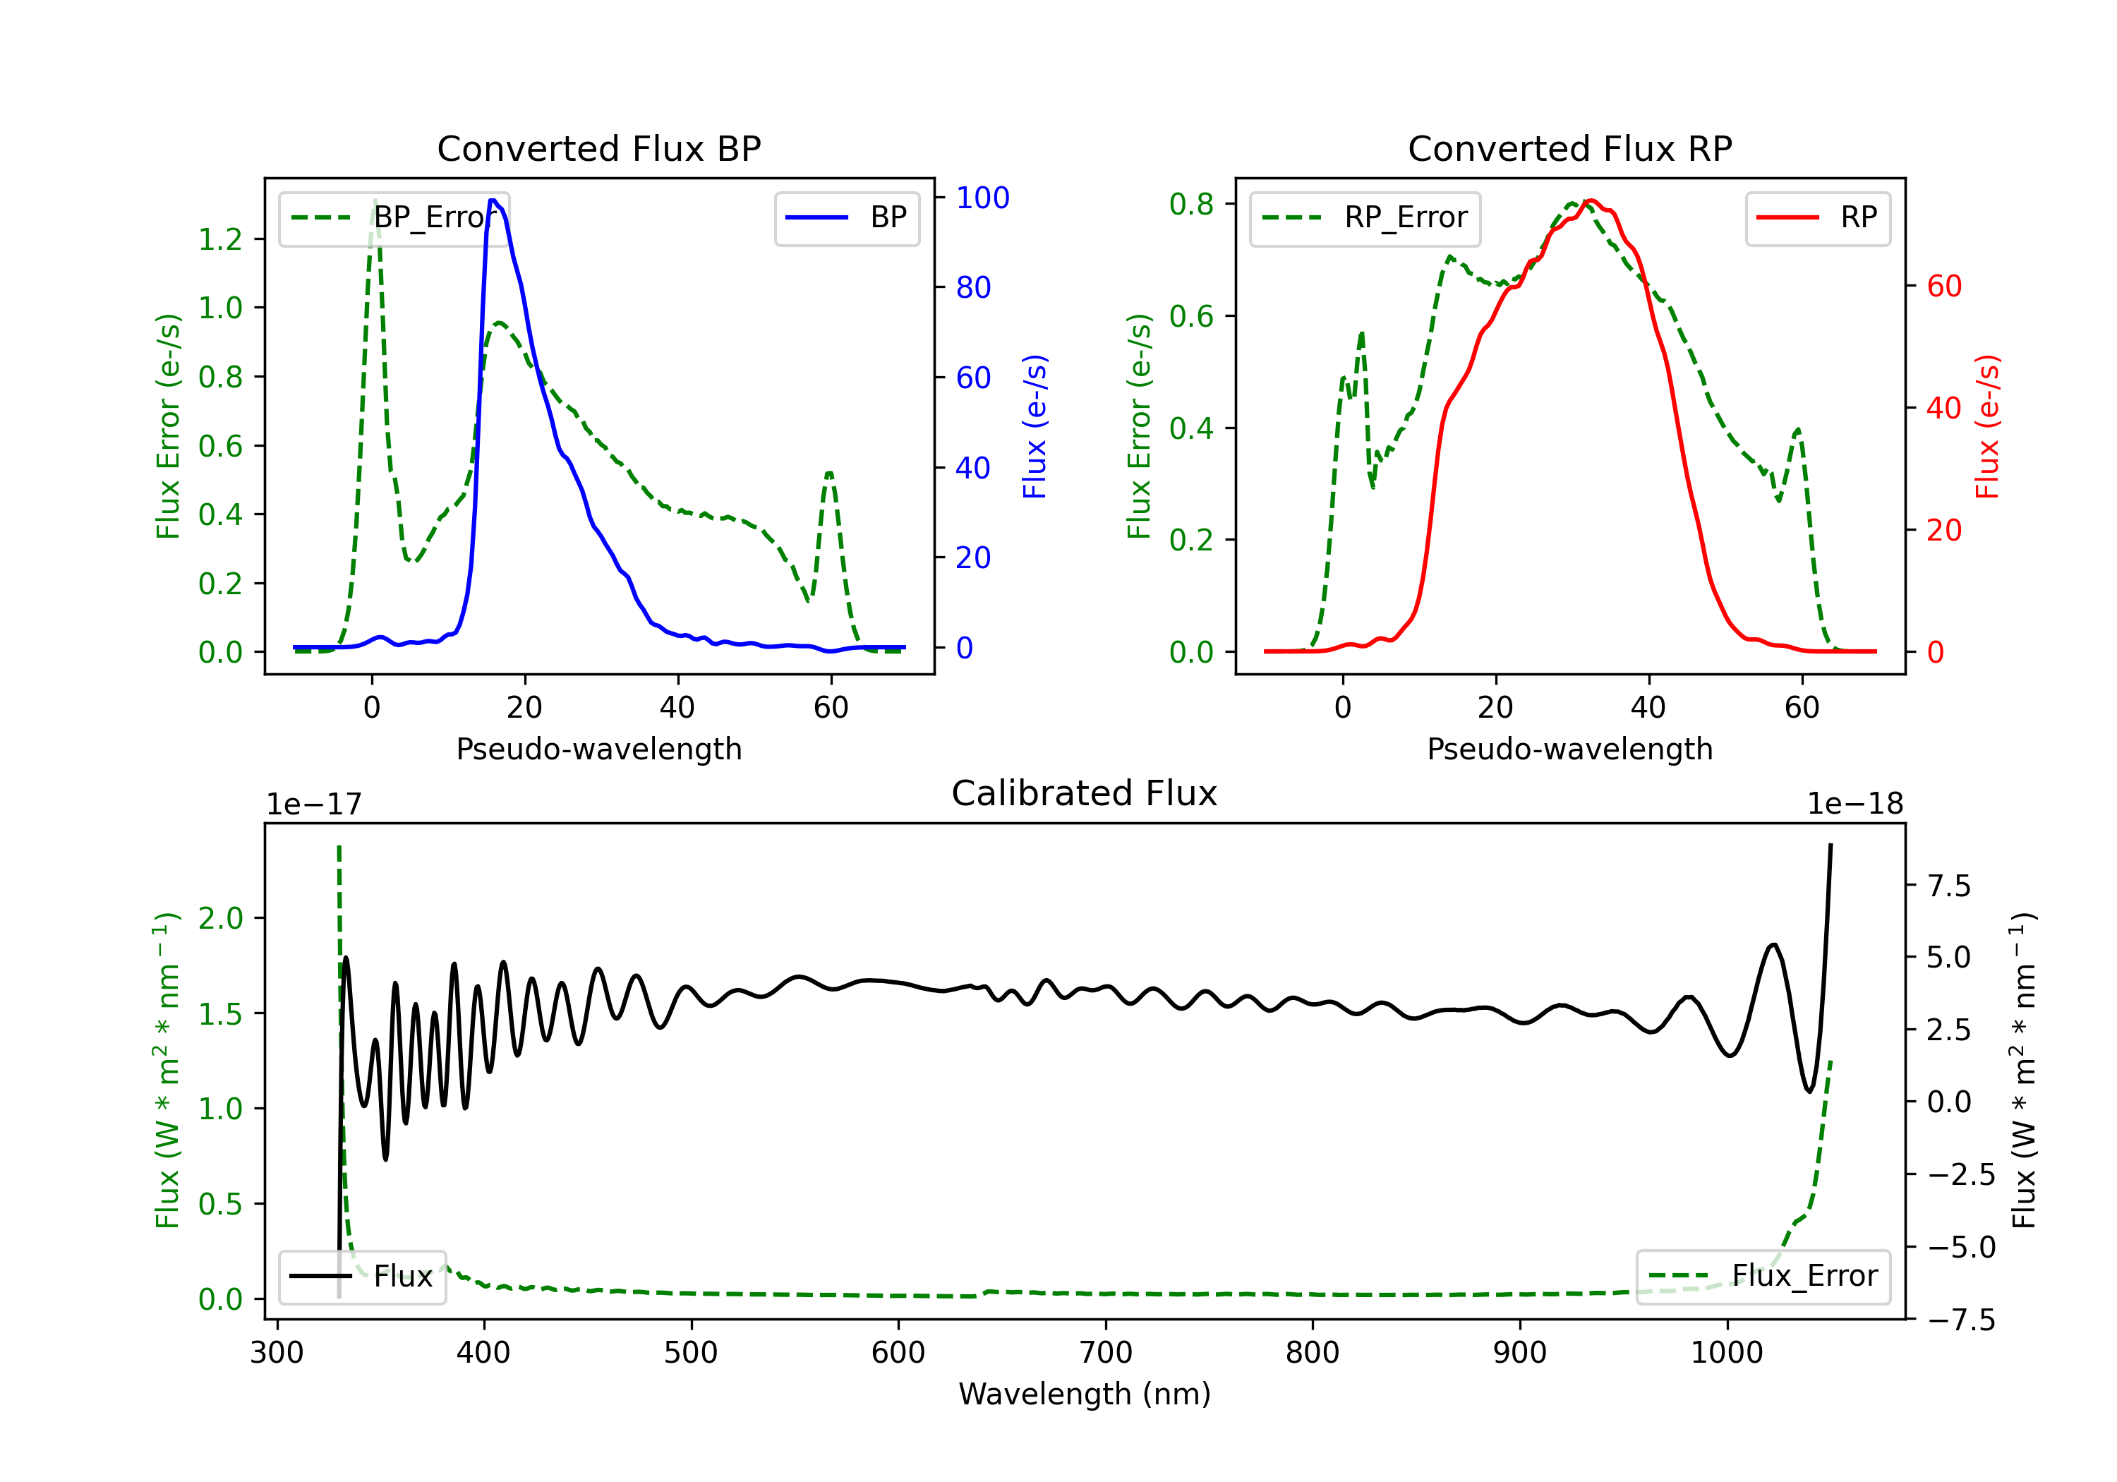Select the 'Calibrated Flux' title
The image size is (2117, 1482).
click(x=1085, y=793)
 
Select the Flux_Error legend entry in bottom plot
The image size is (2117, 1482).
click(x=1763, y=1277)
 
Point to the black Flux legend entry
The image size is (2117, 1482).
click(x=363, y=1277)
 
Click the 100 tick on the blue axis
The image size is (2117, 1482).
click(x=983, y=198)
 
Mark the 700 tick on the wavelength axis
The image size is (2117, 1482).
click(x=1106, y=1353)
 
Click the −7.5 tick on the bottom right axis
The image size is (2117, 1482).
click(x=1960, y=1320)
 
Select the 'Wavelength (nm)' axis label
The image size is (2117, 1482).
click(x=1085, y=1394)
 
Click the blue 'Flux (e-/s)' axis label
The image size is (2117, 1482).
click(x=1035, y=426)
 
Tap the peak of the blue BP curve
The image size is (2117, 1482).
click(x=493, y=200)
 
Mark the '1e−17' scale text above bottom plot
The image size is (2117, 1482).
click(x=313, y=805)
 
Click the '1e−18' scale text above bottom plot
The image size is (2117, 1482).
click(x=1855, y=805)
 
